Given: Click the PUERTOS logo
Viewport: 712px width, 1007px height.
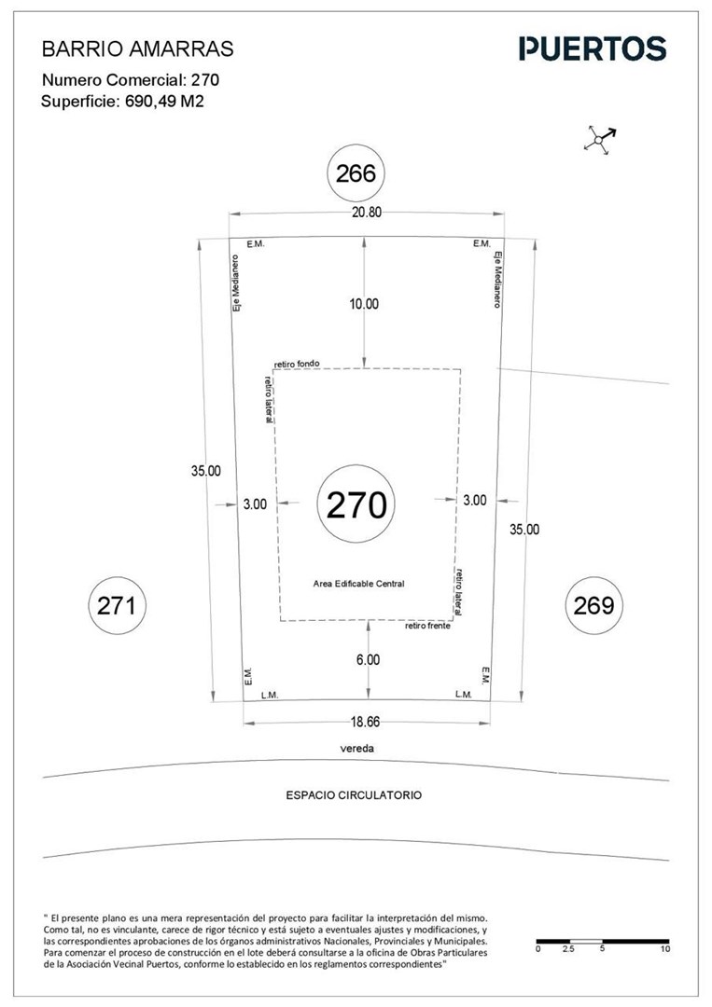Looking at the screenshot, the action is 593,48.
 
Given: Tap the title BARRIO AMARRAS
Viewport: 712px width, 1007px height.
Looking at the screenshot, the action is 137,48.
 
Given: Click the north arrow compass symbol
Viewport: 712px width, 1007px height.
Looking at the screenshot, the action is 599,138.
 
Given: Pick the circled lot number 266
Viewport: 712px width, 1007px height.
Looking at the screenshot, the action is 356,173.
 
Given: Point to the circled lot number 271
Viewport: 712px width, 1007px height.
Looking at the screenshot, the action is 117,606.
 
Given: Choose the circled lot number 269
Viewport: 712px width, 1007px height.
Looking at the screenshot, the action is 593,605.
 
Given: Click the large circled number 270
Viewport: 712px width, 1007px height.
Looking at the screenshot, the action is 356,504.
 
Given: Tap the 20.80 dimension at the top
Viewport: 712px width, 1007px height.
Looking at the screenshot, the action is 367,213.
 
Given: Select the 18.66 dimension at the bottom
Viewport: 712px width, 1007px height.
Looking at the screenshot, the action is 365,722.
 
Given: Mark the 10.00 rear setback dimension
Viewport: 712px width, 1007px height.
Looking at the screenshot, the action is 364,304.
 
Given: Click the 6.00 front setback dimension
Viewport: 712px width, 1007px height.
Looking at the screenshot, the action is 368,659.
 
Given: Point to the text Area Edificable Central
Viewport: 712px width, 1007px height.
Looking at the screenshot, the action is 358,584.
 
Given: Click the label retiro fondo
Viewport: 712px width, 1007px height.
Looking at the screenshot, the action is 296,365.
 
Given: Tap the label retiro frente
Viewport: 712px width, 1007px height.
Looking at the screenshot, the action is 427,626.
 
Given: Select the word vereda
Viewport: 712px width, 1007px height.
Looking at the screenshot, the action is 357,748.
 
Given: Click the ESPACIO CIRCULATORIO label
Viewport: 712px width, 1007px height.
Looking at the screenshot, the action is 354,795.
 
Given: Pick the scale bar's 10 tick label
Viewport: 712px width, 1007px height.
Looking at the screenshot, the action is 665,948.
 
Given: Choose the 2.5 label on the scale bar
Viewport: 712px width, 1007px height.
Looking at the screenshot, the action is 568,948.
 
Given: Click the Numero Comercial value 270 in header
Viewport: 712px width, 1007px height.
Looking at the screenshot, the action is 205,79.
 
